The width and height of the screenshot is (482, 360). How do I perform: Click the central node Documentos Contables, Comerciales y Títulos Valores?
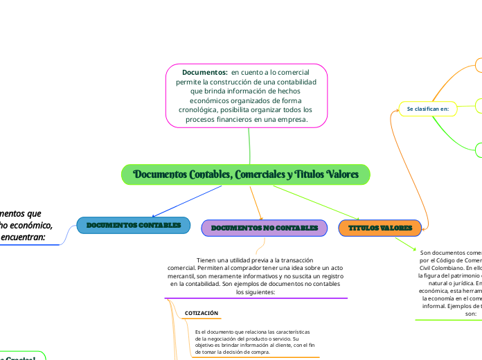tap(246, 174)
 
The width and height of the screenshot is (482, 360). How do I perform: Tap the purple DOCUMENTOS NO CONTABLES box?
tap(264, 228)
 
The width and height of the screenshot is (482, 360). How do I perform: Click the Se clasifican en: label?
tap(427, 109)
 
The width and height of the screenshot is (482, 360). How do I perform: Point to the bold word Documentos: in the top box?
tap(205, 72)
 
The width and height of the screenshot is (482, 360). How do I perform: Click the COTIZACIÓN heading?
tap(202, 314)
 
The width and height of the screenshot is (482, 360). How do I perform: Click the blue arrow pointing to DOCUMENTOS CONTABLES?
tap(153, 216)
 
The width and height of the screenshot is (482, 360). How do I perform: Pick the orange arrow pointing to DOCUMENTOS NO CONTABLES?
tap(260, 217)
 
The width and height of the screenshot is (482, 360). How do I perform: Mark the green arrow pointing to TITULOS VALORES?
tap(359, 217)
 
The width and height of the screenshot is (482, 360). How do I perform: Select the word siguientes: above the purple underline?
tap(256, 292)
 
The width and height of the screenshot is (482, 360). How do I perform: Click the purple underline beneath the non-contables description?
tap(256, 298)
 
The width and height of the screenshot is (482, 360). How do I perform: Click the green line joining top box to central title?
tap(249, 146)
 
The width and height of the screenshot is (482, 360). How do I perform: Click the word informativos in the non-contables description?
tap(246, 276)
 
